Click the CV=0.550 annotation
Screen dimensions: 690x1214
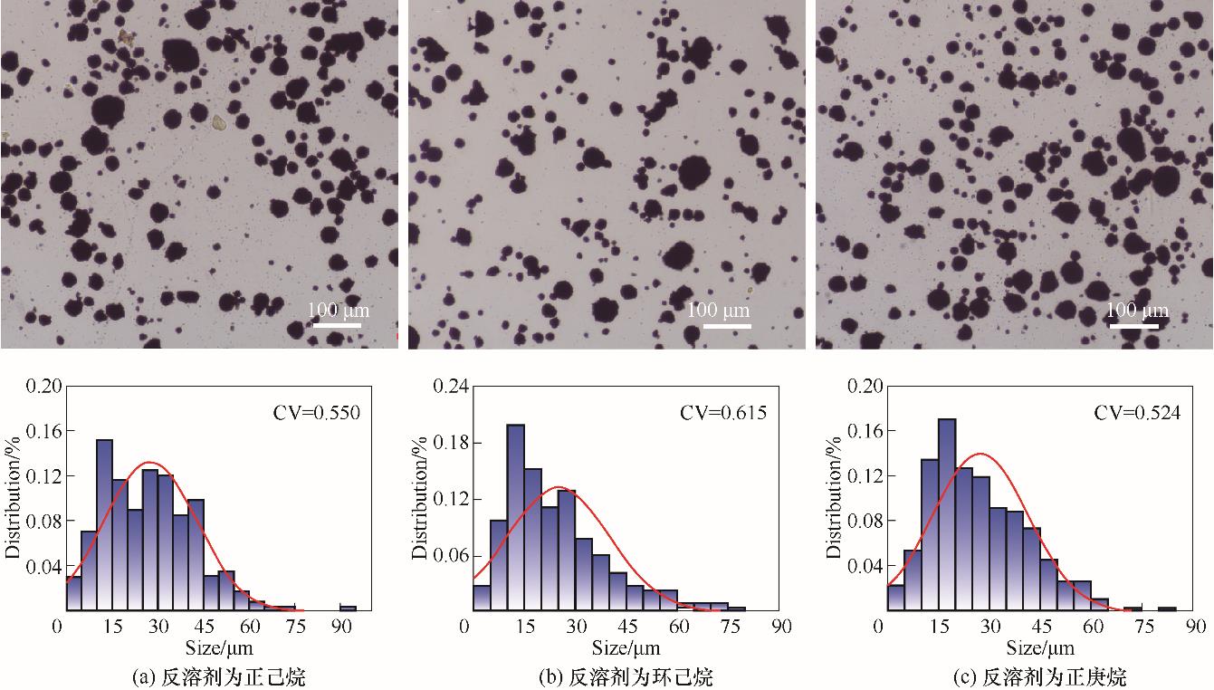click(x=317, y=414)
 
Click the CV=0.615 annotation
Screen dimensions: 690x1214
click(x=723, y=413)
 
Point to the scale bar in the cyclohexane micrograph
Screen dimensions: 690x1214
click(x=726, y=324)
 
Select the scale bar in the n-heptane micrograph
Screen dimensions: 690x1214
click(x=1133, y=324)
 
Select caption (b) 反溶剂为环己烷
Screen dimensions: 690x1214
click(x=626, y=676)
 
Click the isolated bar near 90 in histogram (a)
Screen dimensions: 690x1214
click(x=348, y=609)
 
